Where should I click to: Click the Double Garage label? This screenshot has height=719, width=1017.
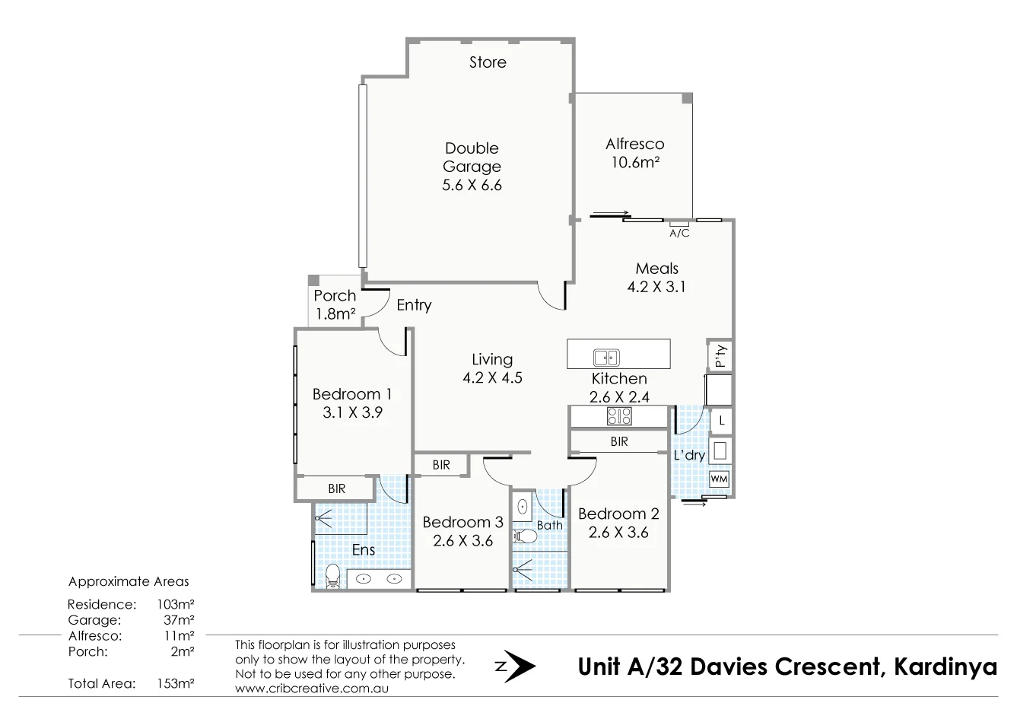(x=472, y=157)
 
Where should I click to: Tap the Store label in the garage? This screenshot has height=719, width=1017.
(x=488, y=62)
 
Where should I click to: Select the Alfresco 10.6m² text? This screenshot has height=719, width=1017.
(x=634, y=153)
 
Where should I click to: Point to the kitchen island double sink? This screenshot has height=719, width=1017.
(x=606, y=357)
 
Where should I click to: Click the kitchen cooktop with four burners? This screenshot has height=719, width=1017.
(x=618, y=416)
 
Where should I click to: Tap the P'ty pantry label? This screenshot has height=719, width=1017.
(x=720, y=355)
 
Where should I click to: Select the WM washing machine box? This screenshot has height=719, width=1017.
(x=719, y=479)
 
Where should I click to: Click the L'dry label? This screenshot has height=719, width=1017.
(x=689, y=456)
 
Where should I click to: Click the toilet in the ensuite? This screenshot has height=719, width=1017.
(x=332, y=576)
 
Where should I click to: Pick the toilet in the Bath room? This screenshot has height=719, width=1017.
(x=526, y=537)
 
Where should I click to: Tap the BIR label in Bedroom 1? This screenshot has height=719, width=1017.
(x=336, y=489)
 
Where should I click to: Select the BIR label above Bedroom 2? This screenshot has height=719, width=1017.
(x=618, y=441)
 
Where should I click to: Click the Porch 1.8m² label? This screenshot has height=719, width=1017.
(x=335, y=304)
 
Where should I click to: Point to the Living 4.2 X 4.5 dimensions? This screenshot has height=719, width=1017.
(x=492, y=377)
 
